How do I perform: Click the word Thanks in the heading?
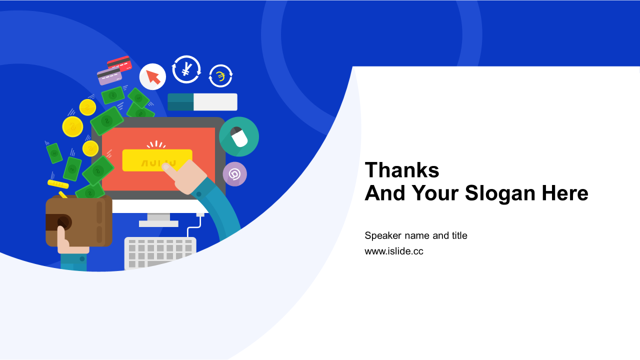pos(401,170)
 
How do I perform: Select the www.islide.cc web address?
pos(393,251)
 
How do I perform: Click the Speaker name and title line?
pos(415,235)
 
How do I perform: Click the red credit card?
pos(119,63)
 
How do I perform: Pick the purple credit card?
pos(109,76)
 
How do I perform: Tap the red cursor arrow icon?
pos(152,76)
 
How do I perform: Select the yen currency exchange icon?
pos(186,69)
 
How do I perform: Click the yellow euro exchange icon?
pos(220,76)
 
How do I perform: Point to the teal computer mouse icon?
pos(239,136)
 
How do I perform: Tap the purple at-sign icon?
pos(235,174)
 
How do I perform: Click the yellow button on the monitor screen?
pos(157,160)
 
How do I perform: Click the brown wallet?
pos(79,221)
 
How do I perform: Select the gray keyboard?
pos(160,253)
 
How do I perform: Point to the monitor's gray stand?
pos(158,220)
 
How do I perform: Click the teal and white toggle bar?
pos(202,102)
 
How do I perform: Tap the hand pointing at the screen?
pos(185,177)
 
